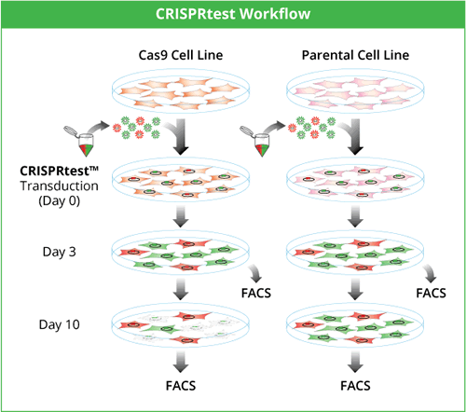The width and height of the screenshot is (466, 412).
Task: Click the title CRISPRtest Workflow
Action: click(233, 14)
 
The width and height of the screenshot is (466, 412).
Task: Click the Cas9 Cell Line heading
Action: click(181, 55)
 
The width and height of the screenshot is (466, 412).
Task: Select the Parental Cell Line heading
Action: click(355, 55)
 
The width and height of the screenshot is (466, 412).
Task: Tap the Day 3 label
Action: click(59, 252)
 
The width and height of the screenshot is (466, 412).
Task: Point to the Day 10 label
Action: click(59, 324)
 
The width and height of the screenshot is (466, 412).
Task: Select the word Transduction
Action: click(59, 185)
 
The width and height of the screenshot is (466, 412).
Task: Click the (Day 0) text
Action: click(59, 200)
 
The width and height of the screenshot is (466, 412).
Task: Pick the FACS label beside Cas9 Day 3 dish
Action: click(256, 293)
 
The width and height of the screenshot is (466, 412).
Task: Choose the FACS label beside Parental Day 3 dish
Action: click(431, 293)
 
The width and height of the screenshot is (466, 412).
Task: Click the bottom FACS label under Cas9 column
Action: click(181, 386)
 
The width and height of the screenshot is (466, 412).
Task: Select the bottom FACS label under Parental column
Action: click(355, 386)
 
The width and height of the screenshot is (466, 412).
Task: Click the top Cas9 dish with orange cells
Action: click(181, 90)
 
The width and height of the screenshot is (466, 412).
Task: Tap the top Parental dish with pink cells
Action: click(355, 90)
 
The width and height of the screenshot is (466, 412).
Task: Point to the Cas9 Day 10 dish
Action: click(181, 325)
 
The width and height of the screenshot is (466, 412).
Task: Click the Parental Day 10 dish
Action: click(355, 325)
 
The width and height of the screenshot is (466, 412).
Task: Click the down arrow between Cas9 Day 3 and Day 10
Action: click(181, 289)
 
